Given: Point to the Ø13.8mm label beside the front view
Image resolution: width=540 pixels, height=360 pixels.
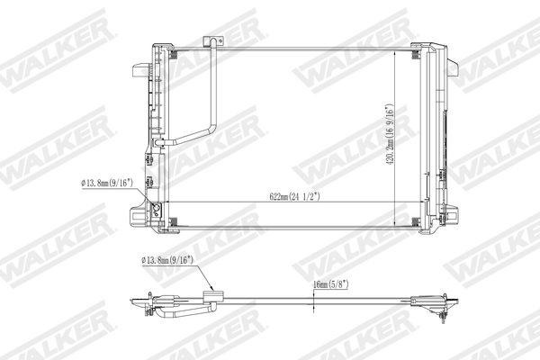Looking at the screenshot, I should pyautogui.click(x=107, y=183).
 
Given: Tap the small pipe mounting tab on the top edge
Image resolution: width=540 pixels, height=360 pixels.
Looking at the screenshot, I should pyautogui.click(x=212, y=41).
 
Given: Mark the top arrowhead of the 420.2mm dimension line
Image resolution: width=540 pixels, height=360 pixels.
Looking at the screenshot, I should pyautogui.click(x=397, y=49).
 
